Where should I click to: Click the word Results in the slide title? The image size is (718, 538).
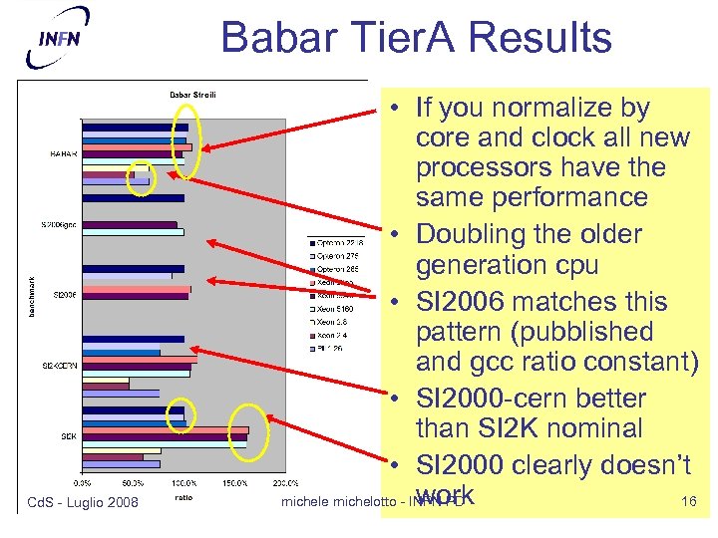538,38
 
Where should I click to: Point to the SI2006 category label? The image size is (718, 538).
65,295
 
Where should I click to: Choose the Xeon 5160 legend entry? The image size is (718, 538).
338,309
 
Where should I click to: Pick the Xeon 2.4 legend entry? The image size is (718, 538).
336,336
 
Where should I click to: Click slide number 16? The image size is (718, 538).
688,501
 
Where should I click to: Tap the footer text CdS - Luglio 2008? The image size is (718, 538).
82,501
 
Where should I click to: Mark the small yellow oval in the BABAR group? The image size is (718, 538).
142,178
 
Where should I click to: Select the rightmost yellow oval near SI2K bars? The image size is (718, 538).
240,433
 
